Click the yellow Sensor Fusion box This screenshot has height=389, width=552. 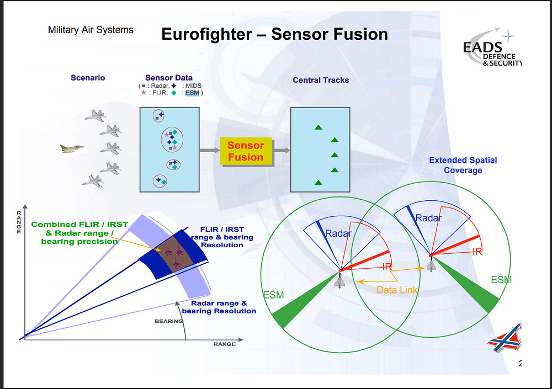pyautogui.click(x=246, y=151)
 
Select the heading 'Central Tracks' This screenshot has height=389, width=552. pyautogui.click(x=321, y=80)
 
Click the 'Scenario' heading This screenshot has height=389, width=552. pyautogui.click(x=88, y=78)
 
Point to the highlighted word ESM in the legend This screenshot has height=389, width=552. pyautogui.click(x=192, y=93)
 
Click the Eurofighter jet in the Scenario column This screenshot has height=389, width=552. pyautogui.click(x=72, y=148)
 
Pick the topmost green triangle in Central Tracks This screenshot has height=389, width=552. pyautogui.click(x=319, y=127)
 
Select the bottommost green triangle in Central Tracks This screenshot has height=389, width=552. pyautogui.click(x=319, y=182)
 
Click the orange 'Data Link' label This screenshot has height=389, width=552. pyautogui.click(x=397, y=290)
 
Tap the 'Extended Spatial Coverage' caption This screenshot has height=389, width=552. pyautogui.click(x=463, y=165)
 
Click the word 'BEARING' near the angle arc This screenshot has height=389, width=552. pyautogui.click(x=168, y=321)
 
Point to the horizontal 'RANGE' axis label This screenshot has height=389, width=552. pyautogui.click(x=224, y=344)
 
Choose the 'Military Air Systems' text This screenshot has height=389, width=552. pyautogui.click(x=91, y=30)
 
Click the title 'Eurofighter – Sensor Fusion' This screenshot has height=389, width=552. pyautogui.click(x=274, y=34)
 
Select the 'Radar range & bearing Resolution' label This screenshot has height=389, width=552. pyautogui.click(x=219, y=307)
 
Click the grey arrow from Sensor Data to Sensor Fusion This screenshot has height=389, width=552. pyautogui.click(x=209, y=150)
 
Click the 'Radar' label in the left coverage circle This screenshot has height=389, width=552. pyautogui.click(x=338, y=233)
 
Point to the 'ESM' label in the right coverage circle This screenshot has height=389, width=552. pyautogui.click(x=501, y=280)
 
